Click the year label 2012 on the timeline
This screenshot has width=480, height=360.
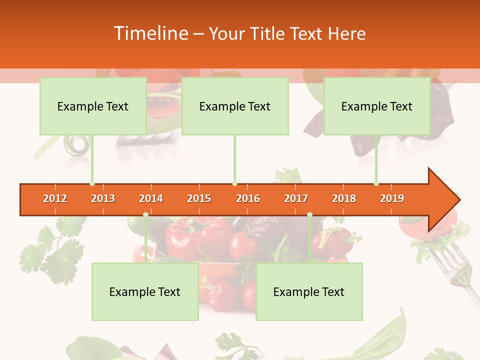[x=55, y=198]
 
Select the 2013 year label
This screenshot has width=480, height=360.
[x=103, y=198]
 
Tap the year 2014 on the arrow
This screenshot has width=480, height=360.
[x=151, y=198]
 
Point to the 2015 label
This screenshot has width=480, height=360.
[x=199, y=198]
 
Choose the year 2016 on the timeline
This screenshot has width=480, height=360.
[x=248, y=198]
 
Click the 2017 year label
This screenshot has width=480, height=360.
[x=296, y=198]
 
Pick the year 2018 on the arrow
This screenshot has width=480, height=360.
[x=344, y=198]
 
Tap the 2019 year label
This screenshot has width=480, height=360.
[x=392, y=198]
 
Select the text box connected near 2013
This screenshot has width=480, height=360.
[x=93, y=106]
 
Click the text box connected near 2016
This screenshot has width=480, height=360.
[x=235, y=106]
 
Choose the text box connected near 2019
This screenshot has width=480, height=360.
[x=377, y=106]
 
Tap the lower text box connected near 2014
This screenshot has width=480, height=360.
[x=145, y=291]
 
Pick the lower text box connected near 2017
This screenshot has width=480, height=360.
[x=309, y=291]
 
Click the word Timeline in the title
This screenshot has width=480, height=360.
[x=150, y=33]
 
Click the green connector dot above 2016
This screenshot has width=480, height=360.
[x=234, y=183]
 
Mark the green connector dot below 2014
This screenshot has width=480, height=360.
[x=145, y=214]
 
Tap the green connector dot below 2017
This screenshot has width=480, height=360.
[x=309, y=214]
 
